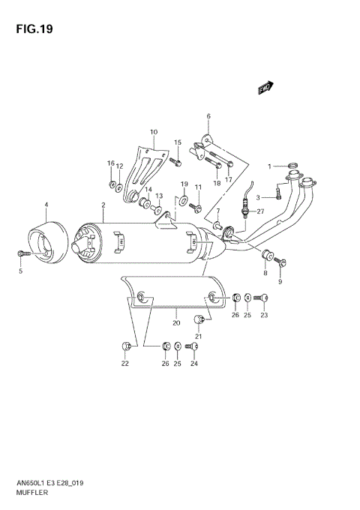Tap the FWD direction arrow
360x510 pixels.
point(265,88)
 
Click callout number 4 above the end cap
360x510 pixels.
point(46,205)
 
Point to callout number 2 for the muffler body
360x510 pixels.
point(102,205)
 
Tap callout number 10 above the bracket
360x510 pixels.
point(154,133)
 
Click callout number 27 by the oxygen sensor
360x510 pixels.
point(261,211)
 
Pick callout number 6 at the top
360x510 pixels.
point(208,115)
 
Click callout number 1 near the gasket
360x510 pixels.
point(271,165)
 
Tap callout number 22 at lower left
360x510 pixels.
point(125,364)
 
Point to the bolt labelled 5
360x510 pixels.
point(20,256)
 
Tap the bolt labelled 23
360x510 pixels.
point(263,298)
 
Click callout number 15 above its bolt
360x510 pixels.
point(178,142)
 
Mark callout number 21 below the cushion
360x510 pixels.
point(199,335)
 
